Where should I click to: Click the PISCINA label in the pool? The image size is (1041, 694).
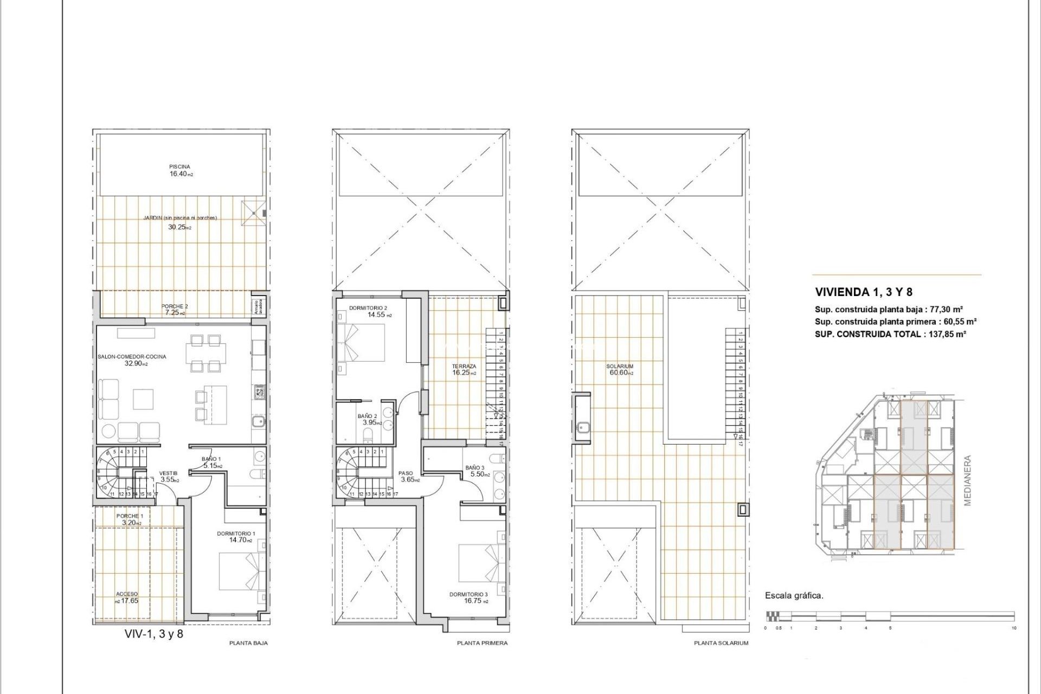tap(179, 166)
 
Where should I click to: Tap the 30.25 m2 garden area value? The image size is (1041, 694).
tap(179, 227)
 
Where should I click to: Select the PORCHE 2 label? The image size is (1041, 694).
tap(175, 306)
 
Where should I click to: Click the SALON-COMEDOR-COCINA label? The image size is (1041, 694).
tap(132, 357)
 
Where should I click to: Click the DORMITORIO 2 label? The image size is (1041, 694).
tap(368, 308)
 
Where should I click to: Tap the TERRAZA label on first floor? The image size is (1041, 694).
tap(464, 367)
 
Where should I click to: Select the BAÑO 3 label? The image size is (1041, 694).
tap(475, 467)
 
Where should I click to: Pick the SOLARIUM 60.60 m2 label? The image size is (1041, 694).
tap(620, 369)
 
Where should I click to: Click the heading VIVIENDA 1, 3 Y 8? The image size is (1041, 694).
tap(864, 292)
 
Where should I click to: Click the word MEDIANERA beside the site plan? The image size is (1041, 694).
tap(968, 480)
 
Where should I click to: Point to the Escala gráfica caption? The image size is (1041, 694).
tap(794, 595)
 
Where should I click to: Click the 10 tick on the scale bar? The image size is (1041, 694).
tap(1013, 628)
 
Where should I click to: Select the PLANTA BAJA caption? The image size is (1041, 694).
tap(248, 643)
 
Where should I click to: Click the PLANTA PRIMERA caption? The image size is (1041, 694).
tap(482, 643)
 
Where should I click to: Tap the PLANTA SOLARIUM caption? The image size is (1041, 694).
tap(721, 643)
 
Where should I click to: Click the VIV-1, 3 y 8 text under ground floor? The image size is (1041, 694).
tap(154, 634)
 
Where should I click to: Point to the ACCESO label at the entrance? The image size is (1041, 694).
tap(127, 594)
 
